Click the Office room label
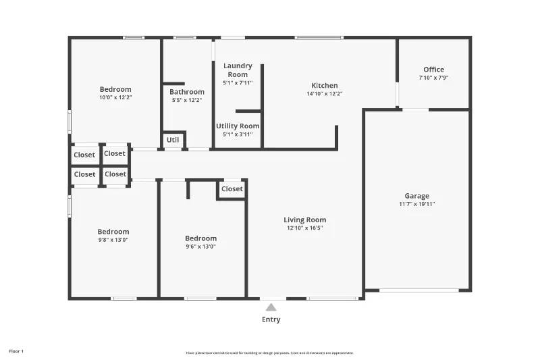point(433,70)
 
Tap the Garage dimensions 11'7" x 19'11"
point(416,204)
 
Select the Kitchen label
point(324,86)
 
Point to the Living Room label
point(304,220)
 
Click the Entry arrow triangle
point(271,307)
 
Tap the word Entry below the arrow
point(271,319)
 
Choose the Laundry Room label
point(238,70)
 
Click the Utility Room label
point(238,126)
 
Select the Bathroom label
point(187,92)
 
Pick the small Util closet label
point(173,140)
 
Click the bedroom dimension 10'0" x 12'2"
point(115,97)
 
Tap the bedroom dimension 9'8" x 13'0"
point(113,240)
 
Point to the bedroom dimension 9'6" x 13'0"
point(200,247)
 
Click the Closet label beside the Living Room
point(232,189)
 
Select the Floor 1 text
point(16,351)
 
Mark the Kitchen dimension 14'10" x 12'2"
point(324,94)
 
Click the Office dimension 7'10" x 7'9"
point(433,78)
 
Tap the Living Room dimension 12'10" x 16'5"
point(304,228)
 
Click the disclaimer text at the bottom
point(269,353)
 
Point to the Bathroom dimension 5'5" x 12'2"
point(187,100)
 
